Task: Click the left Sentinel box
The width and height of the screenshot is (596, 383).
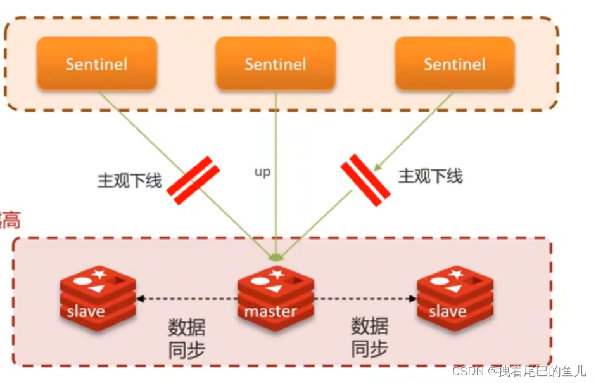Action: point(96,63)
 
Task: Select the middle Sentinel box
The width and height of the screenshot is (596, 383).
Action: point(276,63)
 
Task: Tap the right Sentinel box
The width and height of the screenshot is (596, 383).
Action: point(455,63)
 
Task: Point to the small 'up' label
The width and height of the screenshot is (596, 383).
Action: point(262,172)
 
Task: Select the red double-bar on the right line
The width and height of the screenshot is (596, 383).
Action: point(365,180)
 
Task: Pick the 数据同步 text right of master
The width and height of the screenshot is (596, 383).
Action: point(369,338)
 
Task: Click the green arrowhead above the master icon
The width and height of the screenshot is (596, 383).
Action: point(276,258)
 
